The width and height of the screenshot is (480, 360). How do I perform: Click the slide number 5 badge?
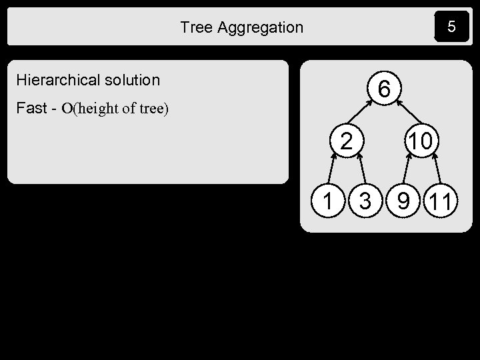[x=451, y=27]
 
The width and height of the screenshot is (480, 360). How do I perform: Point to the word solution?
[x=132, y=81]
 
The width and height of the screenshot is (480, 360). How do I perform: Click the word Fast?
[x=31, y=107]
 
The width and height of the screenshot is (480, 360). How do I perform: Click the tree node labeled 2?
[x=346, y=141]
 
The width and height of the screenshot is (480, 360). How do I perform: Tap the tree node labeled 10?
[x=421, y=141]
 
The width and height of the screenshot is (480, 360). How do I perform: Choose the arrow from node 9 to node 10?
[x=408, y=171]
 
